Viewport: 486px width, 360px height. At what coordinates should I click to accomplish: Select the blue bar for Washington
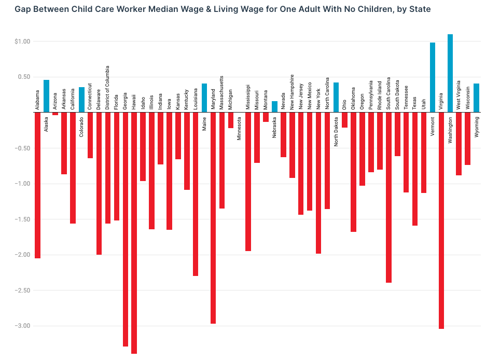coord(450,73)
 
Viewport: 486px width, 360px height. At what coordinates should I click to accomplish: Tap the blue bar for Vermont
coord(433,77)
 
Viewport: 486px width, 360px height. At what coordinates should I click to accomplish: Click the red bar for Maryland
coord(213,218)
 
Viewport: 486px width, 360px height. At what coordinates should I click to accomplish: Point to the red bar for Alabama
coord(37,185)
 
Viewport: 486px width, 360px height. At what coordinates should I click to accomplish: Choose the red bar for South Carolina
coord(388,197)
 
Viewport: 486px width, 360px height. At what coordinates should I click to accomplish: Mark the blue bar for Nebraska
coord(274,107)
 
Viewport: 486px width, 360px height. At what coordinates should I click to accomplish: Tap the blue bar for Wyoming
coord(476,98)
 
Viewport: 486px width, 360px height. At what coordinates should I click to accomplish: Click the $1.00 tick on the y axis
coord(23,41)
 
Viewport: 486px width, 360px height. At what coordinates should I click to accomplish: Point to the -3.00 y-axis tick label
coord(21,326)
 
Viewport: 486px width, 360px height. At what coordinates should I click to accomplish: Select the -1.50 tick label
coord(21,219)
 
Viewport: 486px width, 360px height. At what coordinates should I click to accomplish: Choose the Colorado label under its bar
coord(81,126)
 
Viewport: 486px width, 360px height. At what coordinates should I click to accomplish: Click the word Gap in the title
coord(23,9)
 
